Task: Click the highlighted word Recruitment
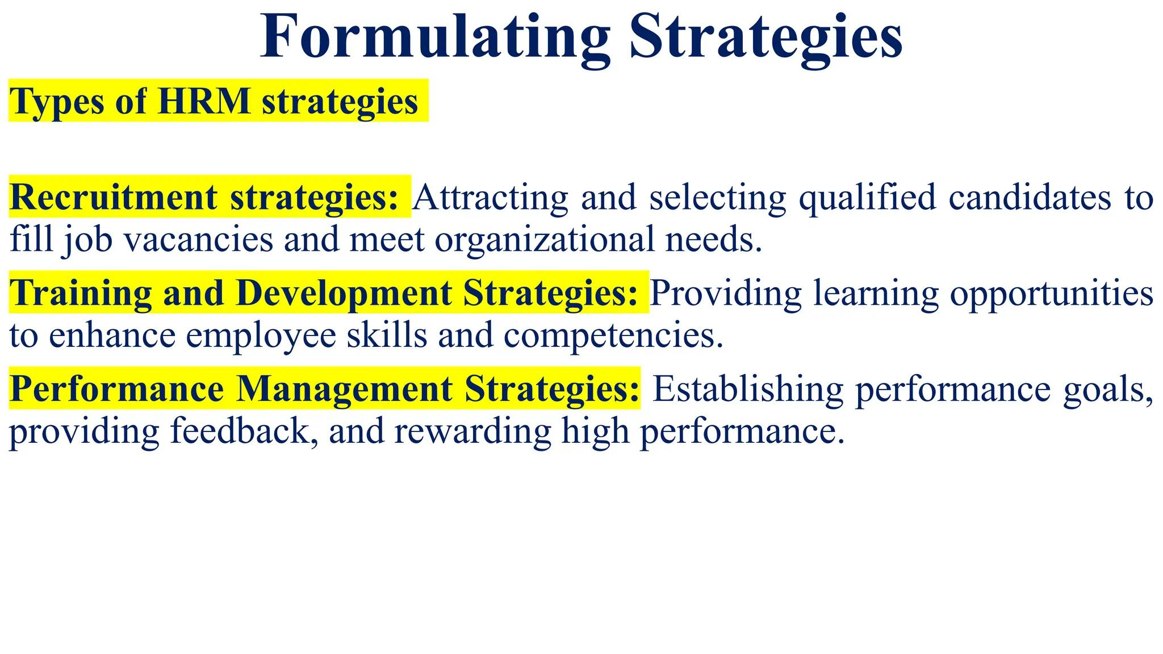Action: [114, 198]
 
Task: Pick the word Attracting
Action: [490, 198]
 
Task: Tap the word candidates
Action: [1030, 198]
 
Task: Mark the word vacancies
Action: [199, 240]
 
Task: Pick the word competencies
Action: [613, 336]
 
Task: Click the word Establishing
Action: [748, 390]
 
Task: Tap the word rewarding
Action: [472, 431]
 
